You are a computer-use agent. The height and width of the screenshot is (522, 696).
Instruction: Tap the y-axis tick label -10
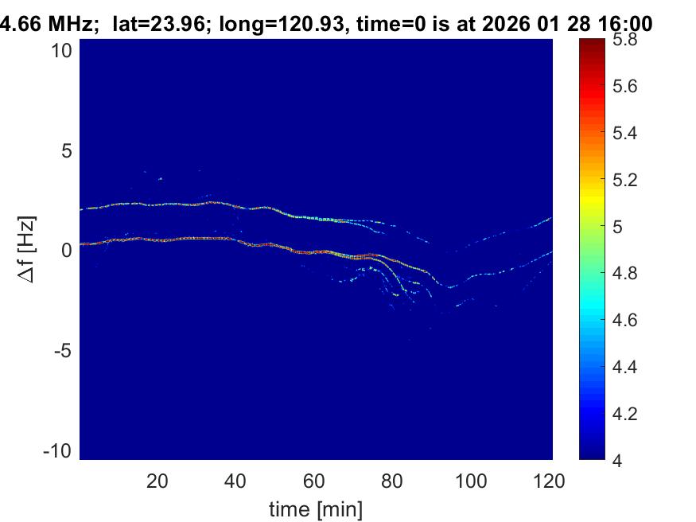[x=59, y=450]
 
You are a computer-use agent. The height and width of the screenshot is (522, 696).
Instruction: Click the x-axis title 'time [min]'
[x=316, y=507]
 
